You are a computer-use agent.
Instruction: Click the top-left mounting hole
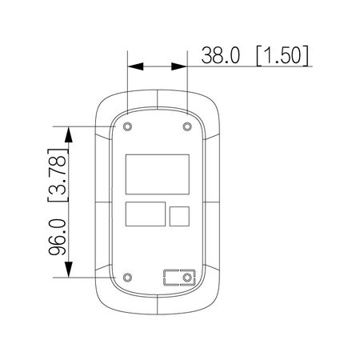point(128,126)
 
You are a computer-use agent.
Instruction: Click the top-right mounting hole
point(187,126)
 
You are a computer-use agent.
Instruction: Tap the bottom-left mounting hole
point(128,278)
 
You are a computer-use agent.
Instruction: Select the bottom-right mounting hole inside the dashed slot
point(187,278)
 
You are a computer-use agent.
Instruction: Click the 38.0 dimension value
point(220,55)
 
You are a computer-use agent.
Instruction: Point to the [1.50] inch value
point(282,55)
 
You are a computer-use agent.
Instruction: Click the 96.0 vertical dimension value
point(58,237)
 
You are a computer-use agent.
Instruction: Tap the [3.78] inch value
point(58,175)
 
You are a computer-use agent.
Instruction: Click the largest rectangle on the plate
point(158,174)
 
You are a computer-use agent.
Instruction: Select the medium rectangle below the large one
point(146,214)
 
